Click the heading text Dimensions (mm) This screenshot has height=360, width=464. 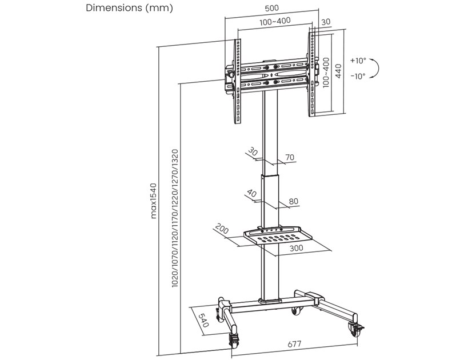coord(129,9)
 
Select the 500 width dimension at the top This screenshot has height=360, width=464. coord(272,9)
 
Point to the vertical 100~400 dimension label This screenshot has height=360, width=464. coord(326,72)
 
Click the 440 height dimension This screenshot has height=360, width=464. coord(338,71)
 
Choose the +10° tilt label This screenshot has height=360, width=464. coord(358,60)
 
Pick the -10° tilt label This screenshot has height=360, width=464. coord(358,76)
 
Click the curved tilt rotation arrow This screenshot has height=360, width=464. coord(375,69)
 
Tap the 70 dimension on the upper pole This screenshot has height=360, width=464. coord(289,157)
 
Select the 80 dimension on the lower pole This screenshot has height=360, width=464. coord(294,201)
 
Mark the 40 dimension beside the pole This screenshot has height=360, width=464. coord(252,193)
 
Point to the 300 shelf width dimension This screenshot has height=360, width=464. coord(296,248)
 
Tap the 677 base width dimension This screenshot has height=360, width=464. coord(294,345)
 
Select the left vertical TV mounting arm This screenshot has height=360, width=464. coord(238,81)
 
